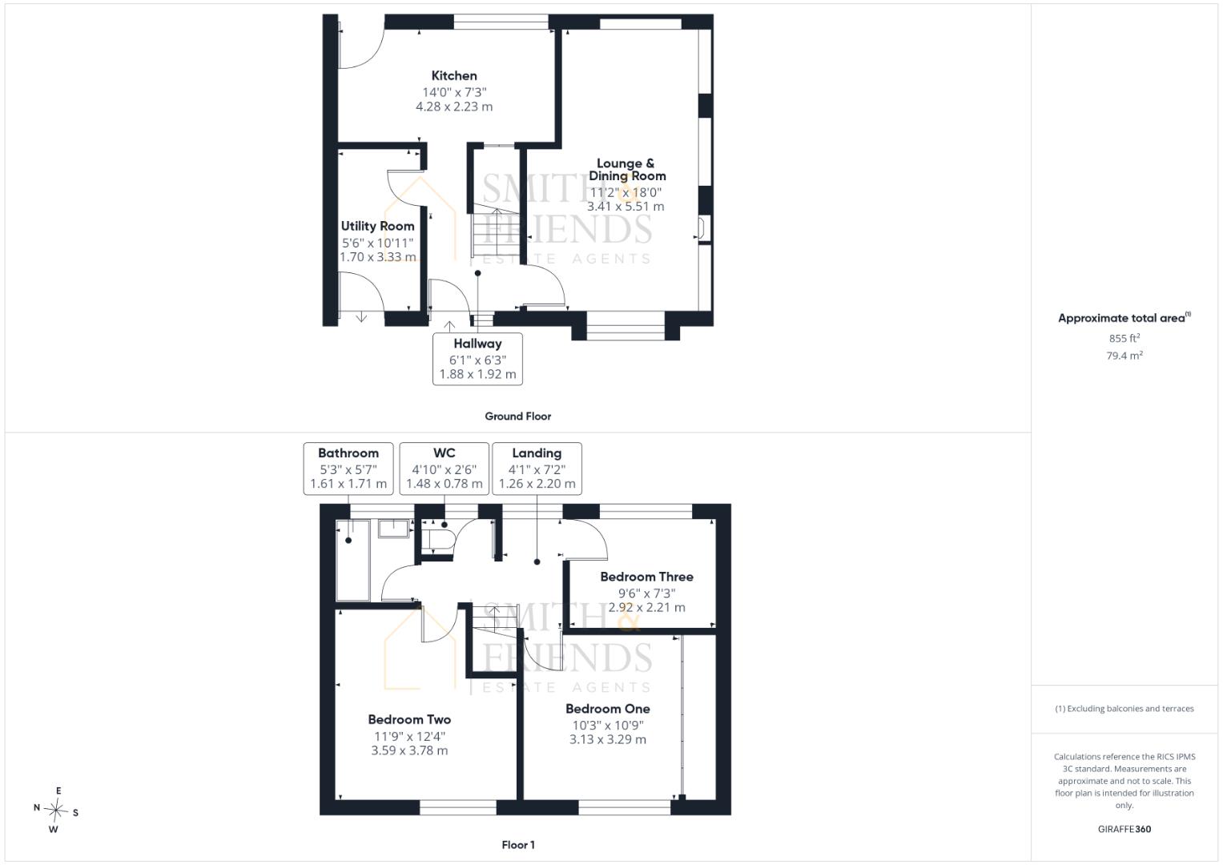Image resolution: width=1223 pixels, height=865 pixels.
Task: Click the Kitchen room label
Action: tap(453, 76)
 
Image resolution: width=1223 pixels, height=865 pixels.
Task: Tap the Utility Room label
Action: tap(377, 226)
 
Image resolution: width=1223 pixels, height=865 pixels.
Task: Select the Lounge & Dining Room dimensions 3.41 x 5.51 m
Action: tap(626, 207)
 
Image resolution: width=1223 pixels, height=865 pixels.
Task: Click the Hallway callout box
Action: tap(477, 360)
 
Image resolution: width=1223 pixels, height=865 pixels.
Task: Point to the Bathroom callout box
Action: tap(348, 469)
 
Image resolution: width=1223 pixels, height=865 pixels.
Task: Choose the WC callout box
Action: tap(445, 469)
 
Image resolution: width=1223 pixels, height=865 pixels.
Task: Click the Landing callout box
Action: tap(537, 469)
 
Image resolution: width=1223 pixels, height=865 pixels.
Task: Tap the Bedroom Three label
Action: tap(646, 577)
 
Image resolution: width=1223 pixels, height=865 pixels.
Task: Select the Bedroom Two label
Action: tap(409, 720)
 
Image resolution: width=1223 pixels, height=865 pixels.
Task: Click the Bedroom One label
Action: tap(608, 709)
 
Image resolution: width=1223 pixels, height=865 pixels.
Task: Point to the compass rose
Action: tap(56, 811)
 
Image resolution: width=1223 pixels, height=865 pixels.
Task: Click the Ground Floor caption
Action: tap(517, 416)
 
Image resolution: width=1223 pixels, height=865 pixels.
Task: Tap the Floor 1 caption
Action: tap(518, 845)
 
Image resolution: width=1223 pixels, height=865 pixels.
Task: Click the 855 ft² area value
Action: tap(1124, 338)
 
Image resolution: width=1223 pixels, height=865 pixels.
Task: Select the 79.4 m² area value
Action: tap(1124, 356)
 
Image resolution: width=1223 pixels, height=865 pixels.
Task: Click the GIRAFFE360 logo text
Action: tap(1124, 829)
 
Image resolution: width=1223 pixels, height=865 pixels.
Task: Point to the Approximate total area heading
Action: tap(1124, 318)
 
